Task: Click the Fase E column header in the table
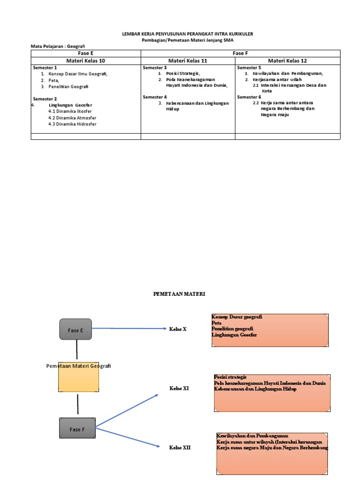pyautogui.click(x=86, y=53)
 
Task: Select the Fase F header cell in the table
pyautogui.click(x=240, y=53)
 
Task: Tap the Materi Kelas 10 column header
pyautogui.click(x=86, y=60)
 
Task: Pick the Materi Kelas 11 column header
pyautogui.click(x=187, y=60)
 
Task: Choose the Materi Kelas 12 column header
pyautogui.click(x=287, y=60)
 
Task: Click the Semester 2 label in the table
pyautogui.click(x=45, y=99)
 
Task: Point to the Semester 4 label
pyautogui.click(x=155, y=97)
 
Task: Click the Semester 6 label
pyautogui.click(x=249, y=97)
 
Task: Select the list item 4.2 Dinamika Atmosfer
pyautogui.click(x=72, y=118)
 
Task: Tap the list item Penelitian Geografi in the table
pyautogui.click(x=68, y=87)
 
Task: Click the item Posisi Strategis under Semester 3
pyautogui.click(x=183, y=74)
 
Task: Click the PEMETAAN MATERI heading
pyautogui.click(x=180, y=294)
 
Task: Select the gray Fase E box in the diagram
pyautogui.click(x=75, y=330)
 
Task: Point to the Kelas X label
pyautogui.click(x=178, y=329)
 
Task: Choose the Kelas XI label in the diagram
pyautogui.click(x=179, y=388)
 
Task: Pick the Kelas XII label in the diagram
pyautogui.click(x=180, y=448)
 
